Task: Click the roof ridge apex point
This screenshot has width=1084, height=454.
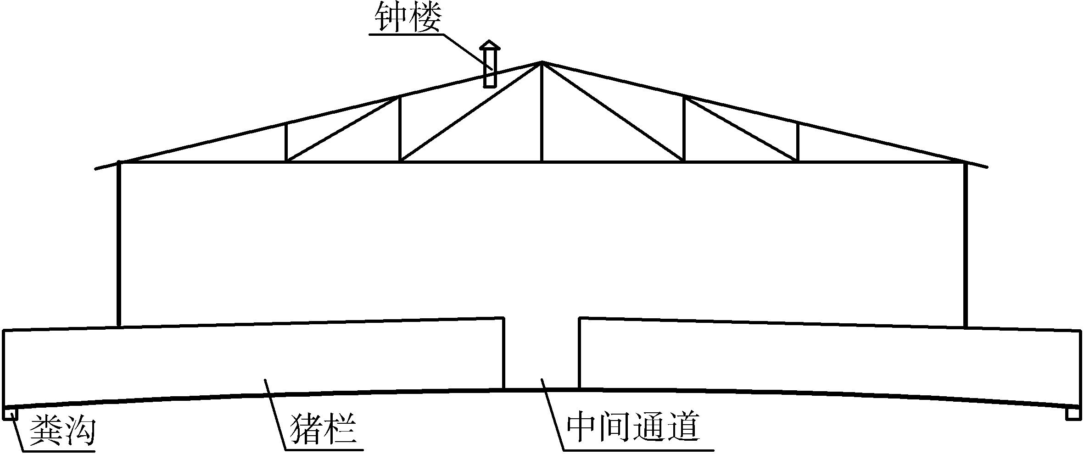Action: [x=542, y=61]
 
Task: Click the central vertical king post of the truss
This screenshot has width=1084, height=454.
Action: [x=542, y=112]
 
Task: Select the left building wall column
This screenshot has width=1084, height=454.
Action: [x=119, y=243]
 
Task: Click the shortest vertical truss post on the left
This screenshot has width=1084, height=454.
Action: [x=286, y=142]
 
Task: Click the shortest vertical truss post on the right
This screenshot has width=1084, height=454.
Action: [x=798, y=142]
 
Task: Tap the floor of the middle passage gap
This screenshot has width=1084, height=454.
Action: [x=542, y=388]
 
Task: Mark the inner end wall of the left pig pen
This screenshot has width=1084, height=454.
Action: [x=504, y=353]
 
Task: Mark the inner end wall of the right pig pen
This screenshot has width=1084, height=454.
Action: [x=579, y=353]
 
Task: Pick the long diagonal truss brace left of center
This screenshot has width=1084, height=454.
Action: [x=470, y=112]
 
